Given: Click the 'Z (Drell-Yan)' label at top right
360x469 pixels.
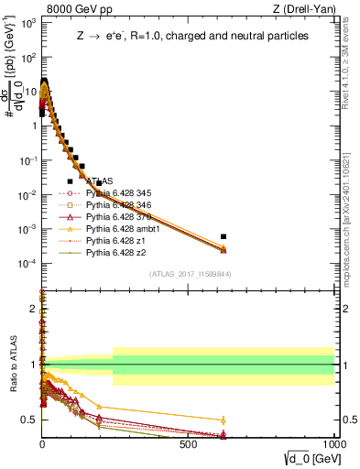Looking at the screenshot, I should tap(305, 9).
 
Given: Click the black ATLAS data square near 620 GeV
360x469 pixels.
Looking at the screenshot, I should tap(224, 236).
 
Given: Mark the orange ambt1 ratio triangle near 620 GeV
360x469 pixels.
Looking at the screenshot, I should tap(224, 420).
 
